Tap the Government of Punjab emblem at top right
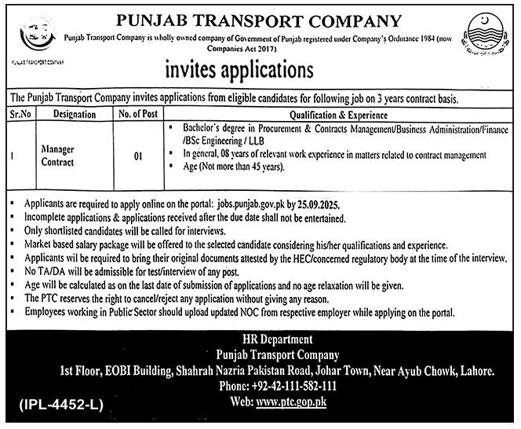point(485,35)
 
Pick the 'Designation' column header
point(75,113)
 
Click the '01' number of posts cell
point(137,157)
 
